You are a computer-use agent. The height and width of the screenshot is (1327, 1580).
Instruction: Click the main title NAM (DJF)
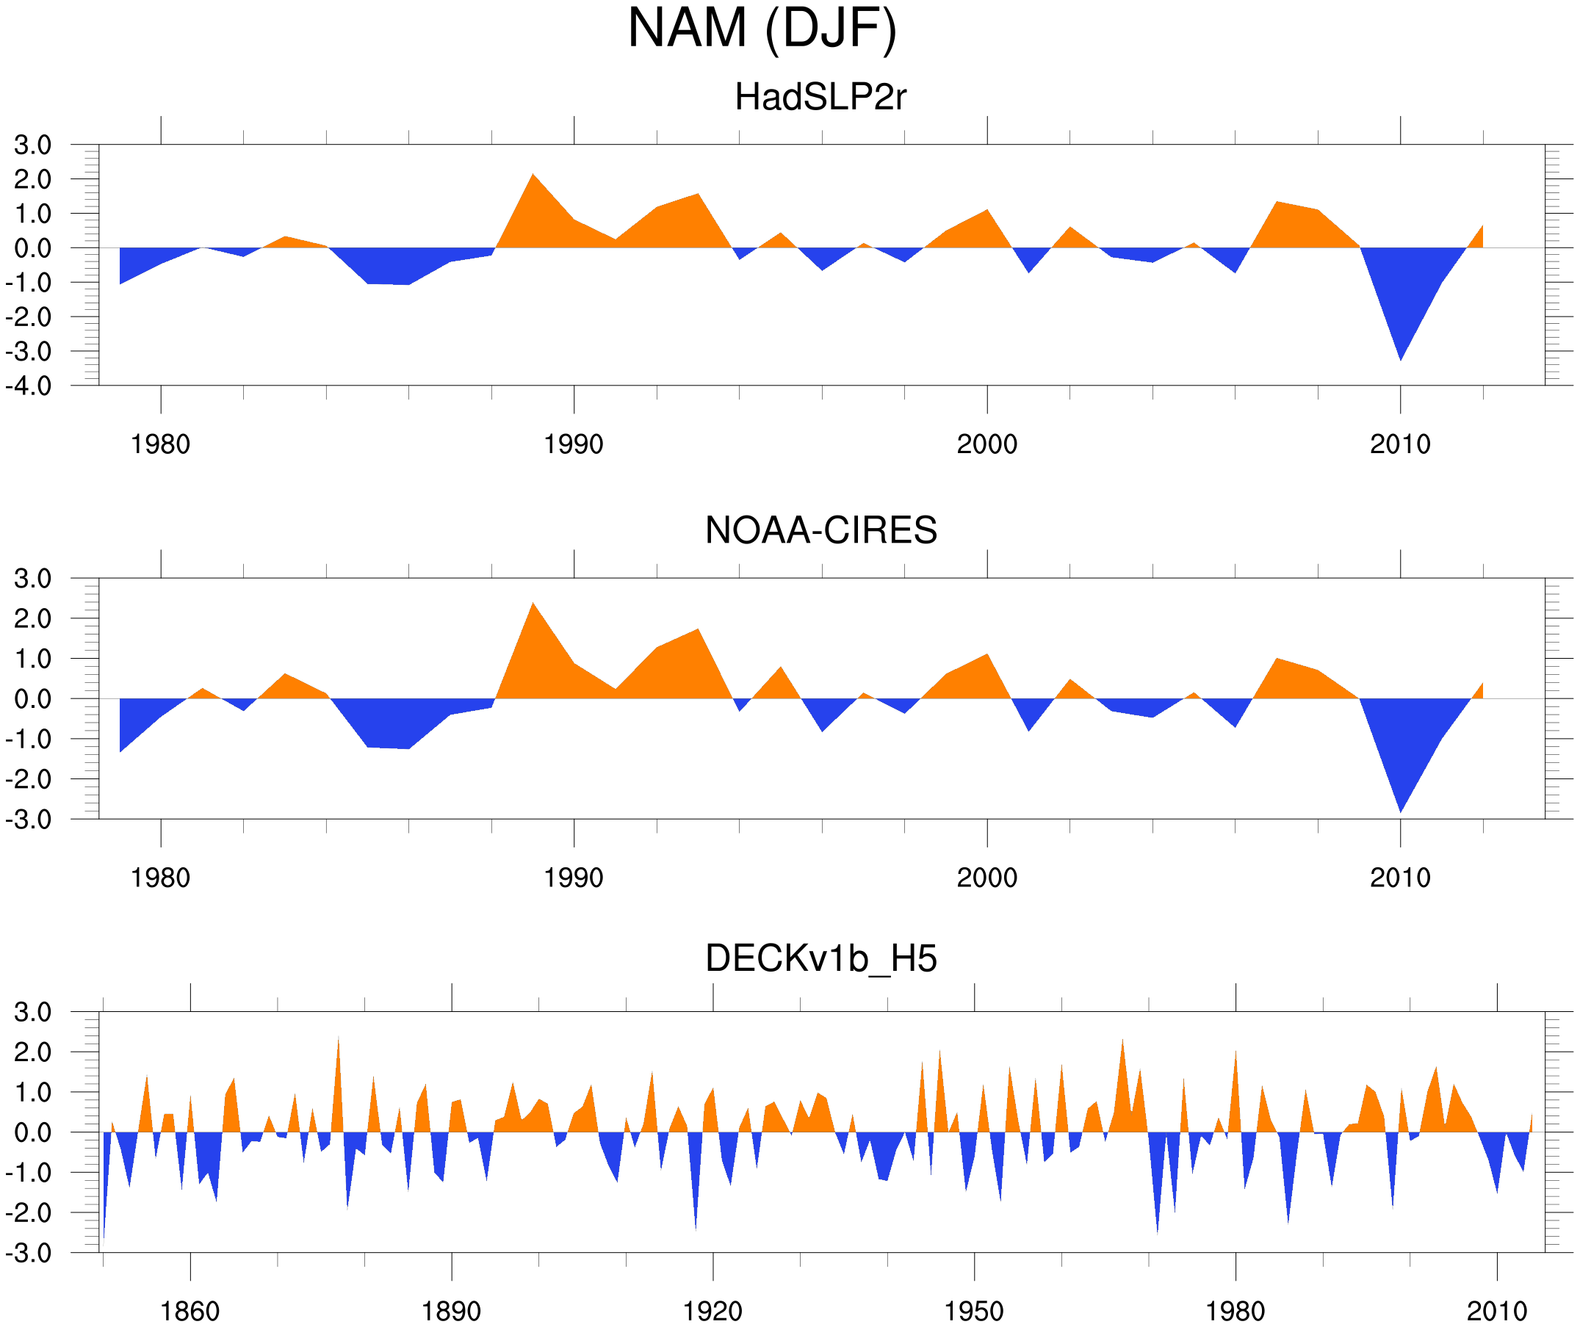(x=762, y=29)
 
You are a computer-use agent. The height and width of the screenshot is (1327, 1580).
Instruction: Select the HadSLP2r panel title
(x=820, y=98)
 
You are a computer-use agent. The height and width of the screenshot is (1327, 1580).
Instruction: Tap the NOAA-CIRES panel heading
(x=820, y=530)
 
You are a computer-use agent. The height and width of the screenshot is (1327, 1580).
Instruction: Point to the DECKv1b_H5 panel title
(x=820, y=958)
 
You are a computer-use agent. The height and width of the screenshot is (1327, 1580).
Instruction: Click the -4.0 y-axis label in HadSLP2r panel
(x=29, y=387)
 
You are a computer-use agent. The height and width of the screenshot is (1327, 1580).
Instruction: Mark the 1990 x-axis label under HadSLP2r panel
(x=574, y=444)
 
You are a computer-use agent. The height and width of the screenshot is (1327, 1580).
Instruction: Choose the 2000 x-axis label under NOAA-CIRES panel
(x=986, y=878)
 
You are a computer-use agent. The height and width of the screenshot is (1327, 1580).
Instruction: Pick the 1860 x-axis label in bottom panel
(x=190, y=1311)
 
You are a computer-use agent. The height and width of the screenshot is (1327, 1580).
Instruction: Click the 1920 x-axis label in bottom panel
(x=712, y=1311)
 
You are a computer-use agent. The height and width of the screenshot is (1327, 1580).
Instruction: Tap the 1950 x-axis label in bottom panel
(x=973, y=1311)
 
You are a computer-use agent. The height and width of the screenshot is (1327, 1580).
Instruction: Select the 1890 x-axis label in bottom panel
(x=451, y=1311)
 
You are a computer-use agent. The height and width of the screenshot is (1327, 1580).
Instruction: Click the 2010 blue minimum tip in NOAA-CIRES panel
(x=1400, y=810)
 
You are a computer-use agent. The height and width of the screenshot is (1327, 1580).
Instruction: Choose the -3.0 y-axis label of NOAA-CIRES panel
(x=29, y=820)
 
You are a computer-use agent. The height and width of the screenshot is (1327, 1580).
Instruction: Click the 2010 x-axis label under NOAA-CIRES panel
(x=1399, y=878)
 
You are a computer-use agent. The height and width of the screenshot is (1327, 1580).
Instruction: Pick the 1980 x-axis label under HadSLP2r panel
(x=160, y=444)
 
